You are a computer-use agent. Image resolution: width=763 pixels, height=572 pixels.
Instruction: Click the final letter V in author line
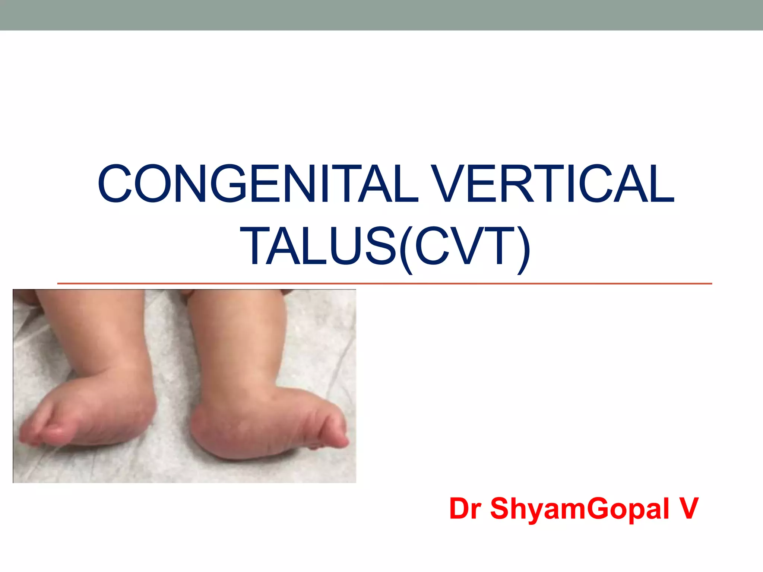(x=688, y=509)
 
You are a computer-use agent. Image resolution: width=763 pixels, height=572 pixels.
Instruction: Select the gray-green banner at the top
(x=381, y=15)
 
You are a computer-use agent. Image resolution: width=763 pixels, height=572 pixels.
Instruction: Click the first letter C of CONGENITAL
(x=114, y=184)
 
